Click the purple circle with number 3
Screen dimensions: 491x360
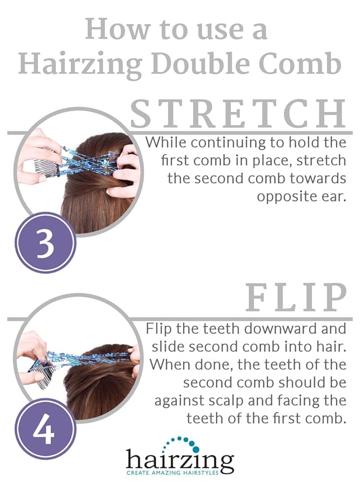click(45, 242)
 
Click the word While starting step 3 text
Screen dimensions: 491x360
click(164, 142)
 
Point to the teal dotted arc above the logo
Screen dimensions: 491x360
click(185, 443)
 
